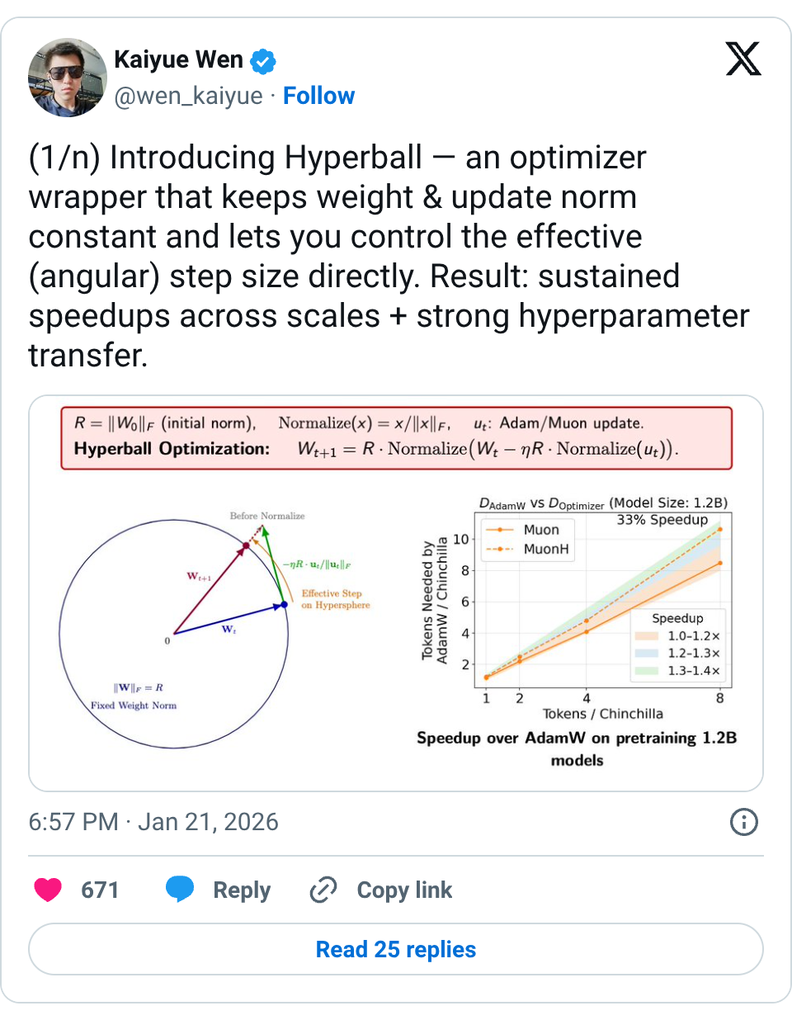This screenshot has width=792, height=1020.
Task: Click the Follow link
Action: click(x=318, y=97)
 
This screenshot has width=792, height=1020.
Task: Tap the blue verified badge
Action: click(x=262, y=61)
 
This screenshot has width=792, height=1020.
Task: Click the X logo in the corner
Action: click(x=743, y=59)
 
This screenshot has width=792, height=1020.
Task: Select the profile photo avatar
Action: click(x=68, y=78)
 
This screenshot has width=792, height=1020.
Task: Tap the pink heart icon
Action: click(x=48, y=890)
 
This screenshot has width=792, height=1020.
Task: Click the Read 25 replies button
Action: click(x=395, y=949)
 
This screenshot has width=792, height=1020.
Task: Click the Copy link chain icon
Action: click(x=323, y=890)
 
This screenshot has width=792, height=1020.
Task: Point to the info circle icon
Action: click(x=743, y=822)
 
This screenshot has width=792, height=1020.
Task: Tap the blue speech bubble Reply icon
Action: click(x=180, y=889)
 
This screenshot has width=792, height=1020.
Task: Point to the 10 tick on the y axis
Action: click(x=460, y=539)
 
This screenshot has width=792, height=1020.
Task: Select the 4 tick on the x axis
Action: click(x=587, y=698)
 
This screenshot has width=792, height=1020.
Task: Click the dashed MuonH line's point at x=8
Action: click(x=720, y=530)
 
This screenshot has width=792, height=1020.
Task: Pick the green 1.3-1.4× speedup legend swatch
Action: click(x=647, y=670)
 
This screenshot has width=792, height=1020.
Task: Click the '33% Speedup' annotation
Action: click(x=662, y=520)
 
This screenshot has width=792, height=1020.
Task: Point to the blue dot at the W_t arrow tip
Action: click(x=284, y=605)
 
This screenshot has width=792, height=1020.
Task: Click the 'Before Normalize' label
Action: click(x=267, y=516)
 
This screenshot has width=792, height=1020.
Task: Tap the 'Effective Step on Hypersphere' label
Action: click(x=336, y=599)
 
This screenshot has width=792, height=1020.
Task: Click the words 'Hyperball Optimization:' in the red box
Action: click(x=172, y=449)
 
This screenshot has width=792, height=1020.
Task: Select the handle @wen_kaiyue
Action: click(x=189, y=97)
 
